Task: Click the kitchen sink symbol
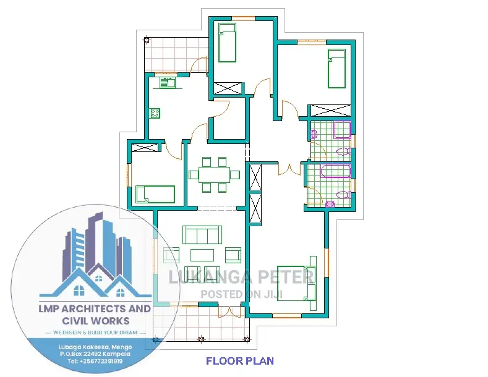click(x=168, y=83)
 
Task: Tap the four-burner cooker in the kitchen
click(x=155, y=113)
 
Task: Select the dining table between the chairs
click(x=214, y=175)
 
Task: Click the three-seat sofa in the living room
click(x=202, y=235)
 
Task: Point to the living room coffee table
click(x=202, y=255)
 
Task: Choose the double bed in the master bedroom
click(x=296, y=284)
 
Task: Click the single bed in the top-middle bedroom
click(x=227, y=43)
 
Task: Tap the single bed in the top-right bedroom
click(x=336, y=69)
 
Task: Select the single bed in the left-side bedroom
click(x=155, y=194)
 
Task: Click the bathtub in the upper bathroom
click(x=342, y=130)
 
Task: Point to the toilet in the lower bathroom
click(x=344, y=195)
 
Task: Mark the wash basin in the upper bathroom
click(x=314, y=134)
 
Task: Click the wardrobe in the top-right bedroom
click(x=331, y=111)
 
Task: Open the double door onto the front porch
click(x=229, y=312)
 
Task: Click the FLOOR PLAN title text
click(x=240, y=361)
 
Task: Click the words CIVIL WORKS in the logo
click(x=95, y=321)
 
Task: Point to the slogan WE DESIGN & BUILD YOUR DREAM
click(x=95, y=333)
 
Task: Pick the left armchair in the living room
click(x=171, y=255)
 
